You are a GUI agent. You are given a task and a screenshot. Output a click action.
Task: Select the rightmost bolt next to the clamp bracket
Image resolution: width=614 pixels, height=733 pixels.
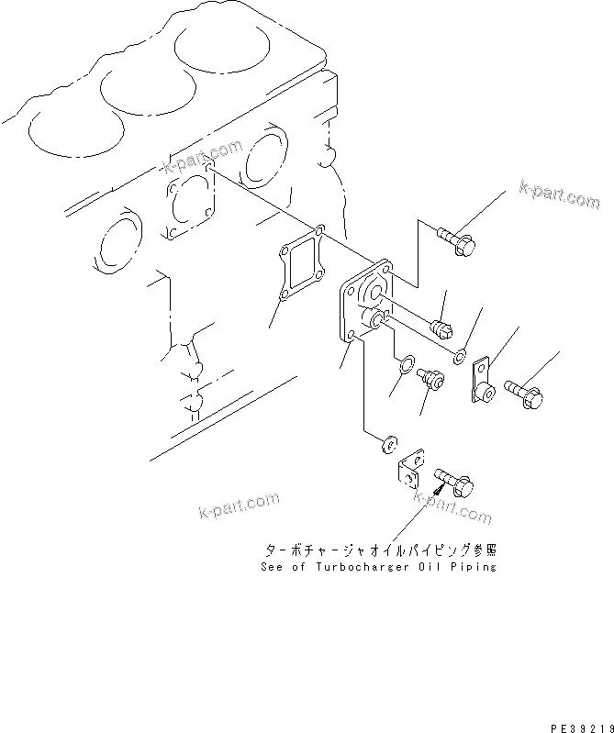(x=523, y=394)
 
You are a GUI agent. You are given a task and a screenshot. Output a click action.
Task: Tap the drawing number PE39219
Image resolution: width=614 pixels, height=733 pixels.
(x=581, y=725)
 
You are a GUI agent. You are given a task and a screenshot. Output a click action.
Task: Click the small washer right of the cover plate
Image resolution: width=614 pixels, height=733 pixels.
(x=462, y=352)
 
